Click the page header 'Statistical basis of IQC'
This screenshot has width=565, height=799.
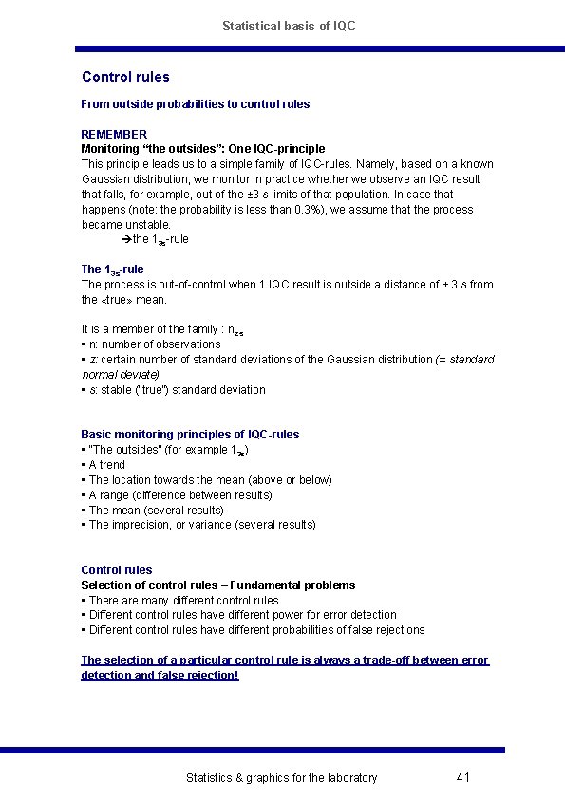(x=289, y=26)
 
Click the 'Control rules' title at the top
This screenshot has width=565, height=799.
(x=125, y=77)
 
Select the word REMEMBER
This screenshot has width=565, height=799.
(x=114, y=134)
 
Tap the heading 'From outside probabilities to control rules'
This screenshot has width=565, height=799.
(x=195, y=103)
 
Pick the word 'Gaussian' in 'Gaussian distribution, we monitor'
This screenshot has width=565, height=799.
(x=104, y=179)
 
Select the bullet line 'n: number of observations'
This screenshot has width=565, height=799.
(x=152, y=344)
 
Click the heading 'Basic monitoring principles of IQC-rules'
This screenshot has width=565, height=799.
(x=190, y=435)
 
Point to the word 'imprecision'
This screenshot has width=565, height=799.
(x=141, y=525)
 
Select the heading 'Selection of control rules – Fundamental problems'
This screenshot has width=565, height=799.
(x=217, y=585)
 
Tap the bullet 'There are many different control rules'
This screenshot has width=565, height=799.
(x=181, y=600)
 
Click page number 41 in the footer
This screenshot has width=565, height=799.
(x=463, y=778)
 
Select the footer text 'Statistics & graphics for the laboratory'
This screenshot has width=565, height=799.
(x=281, y=778)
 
